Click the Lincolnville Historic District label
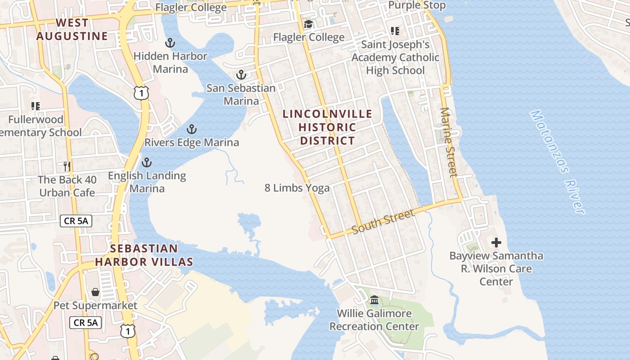pyautogui.click(x=327, y=127)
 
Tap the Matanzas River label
pyautogui.click(x=558, y=162)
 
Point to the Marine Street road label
pyautogui.click(x=448, y=142)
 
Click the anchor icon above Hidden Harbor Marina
pyautogui.click(x=170, y=43)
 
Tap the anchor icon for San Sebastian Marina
pyautogui.click(x=242, y=75)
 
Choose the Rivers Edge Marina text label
pyautogui.click(x=192, y=143)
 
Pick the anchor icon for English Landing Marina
pyautogui.click(x=147, y=162)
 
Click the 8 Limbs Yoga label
pyautogui.click(x=297, y=188)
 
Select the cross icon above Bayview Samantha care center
pyautogui.click(x=496, y=243)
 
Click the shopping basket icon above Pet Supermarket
pyautogui.click(x=95, y=292)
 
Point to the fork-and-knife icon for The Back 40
pyautogui.click(x=67, y=166)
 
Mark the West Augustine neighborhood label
pyautogui.click(x=72, y=29)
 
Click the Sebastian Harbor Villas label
pyautogui.click(x=144, y=255)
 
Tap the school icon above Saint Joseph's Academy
pyautogui.click(x=395, y=31)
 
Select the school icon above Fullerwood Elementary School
pyautogui.click(x=36, y=106)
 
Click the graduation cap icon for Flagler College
pyautogui.click(x=308, y=24)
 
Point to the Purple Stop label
pyautogui.click(x=417, y=5)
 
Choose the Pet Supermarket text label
pyautogui.click(x=95, y=306)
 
